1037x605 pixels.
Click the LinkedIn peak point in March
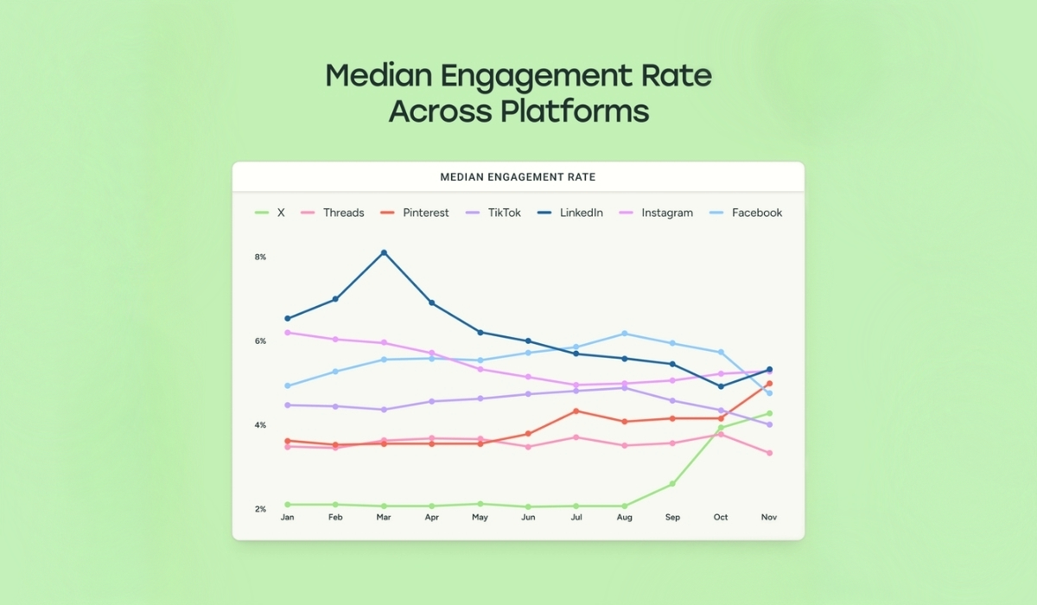tap(384, 252)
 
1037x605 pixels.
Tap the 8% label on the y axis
tap(260, 258)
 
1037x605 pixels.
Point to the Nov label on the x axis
tap(769, 518)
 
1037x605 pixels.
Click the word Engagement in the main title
tap(503, 76)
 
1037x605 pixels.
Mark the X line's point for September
tap(672, 484)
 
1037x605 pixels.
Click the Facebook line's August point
tap(625, 334)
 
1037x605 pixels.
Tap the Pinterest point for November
tap(769, 384)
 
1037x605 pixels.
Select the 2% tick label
tap(260, 509)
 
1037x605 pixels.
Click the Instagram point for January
tap(288, 333)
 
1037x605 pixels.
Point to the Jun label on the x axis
tap(528, 518)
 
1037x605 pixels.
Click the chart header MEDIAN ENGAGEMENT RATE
tap(518, 177)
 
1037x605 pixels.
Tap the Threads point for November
tap(769, 453)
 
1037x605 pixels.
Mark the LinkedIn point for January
tap(288, 319)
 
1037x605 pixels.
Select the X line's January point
tap(288, 504)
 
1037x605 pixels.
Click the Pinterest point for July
tap(576, 411)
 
